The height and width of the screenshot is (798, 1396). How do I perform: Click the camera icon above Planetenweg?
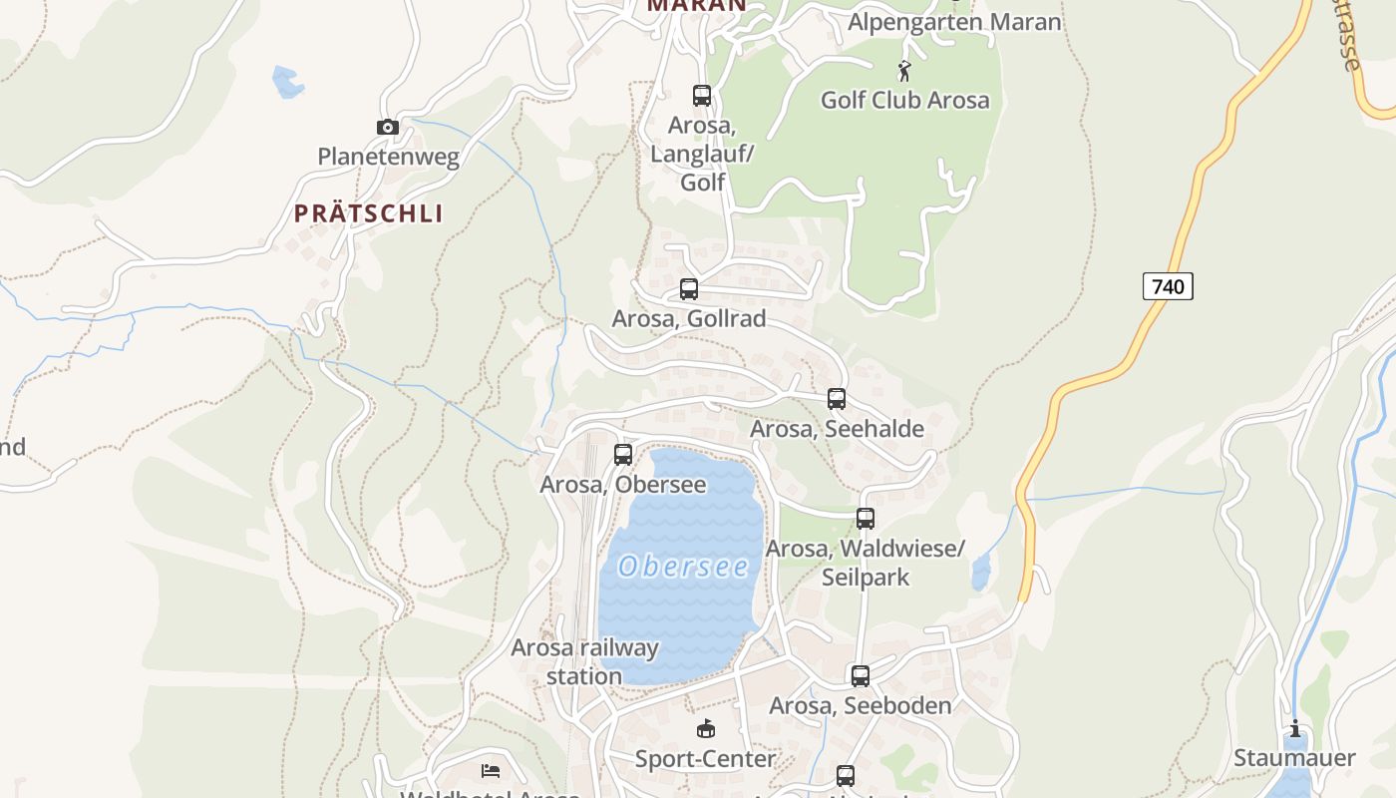tap(388, 127)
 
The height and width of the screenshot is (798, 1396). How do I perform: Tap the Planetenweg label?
tap(388, 157)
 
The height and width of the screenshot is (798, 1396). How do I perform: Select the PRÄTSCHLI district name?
tap(369, 213)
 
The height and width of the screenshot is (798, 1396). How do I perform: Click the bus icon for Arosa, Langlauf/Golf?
tap(702, 96)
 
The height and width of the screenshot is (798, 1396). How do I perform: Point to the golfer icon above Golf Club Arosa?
tap(904, 71)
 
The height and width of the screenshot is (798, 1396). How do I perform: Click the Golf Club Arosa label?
tap(904, 100)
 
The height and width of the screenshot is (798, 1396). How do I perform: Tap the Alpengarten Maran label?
tap(954, 22)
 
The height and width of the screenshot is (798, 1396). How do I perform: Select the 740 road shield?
tap(1168, 287)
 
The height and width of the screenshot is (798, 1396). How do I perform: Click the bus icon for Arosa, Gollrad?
tap(689, 289)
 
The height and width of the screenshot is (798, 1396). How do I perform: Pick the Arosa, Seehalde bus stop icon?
tap(837, 399)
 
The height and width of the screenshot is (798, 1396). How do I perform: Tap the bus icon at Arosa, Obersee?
tap(623, 455)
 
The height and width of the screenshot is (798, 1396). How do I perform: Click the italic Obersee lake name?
tap(684, 567)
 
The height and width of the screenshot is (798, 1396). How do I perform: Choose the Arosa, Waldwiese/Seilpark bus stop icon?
tap(866, 519)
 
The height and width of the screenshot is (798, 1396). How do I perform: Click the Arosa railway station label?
tap(584, 661)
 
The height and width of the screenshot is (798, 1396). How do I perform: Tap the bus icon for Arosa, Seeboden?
tap(861, 676)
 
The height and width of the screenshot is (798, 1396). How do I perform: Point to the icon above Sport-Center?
tap(706, 729)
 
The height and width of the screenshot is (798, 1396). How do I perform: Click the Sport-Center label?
tap(706, 759)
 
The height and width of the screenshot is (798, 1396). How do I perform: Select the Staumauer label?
tap(1294, 758)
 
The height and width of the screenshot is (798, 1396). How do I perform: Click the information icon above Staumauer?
tap(1295, 729)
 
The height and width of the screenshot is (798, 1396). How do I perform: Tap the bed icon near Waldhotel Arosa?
tap(491, 770)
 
